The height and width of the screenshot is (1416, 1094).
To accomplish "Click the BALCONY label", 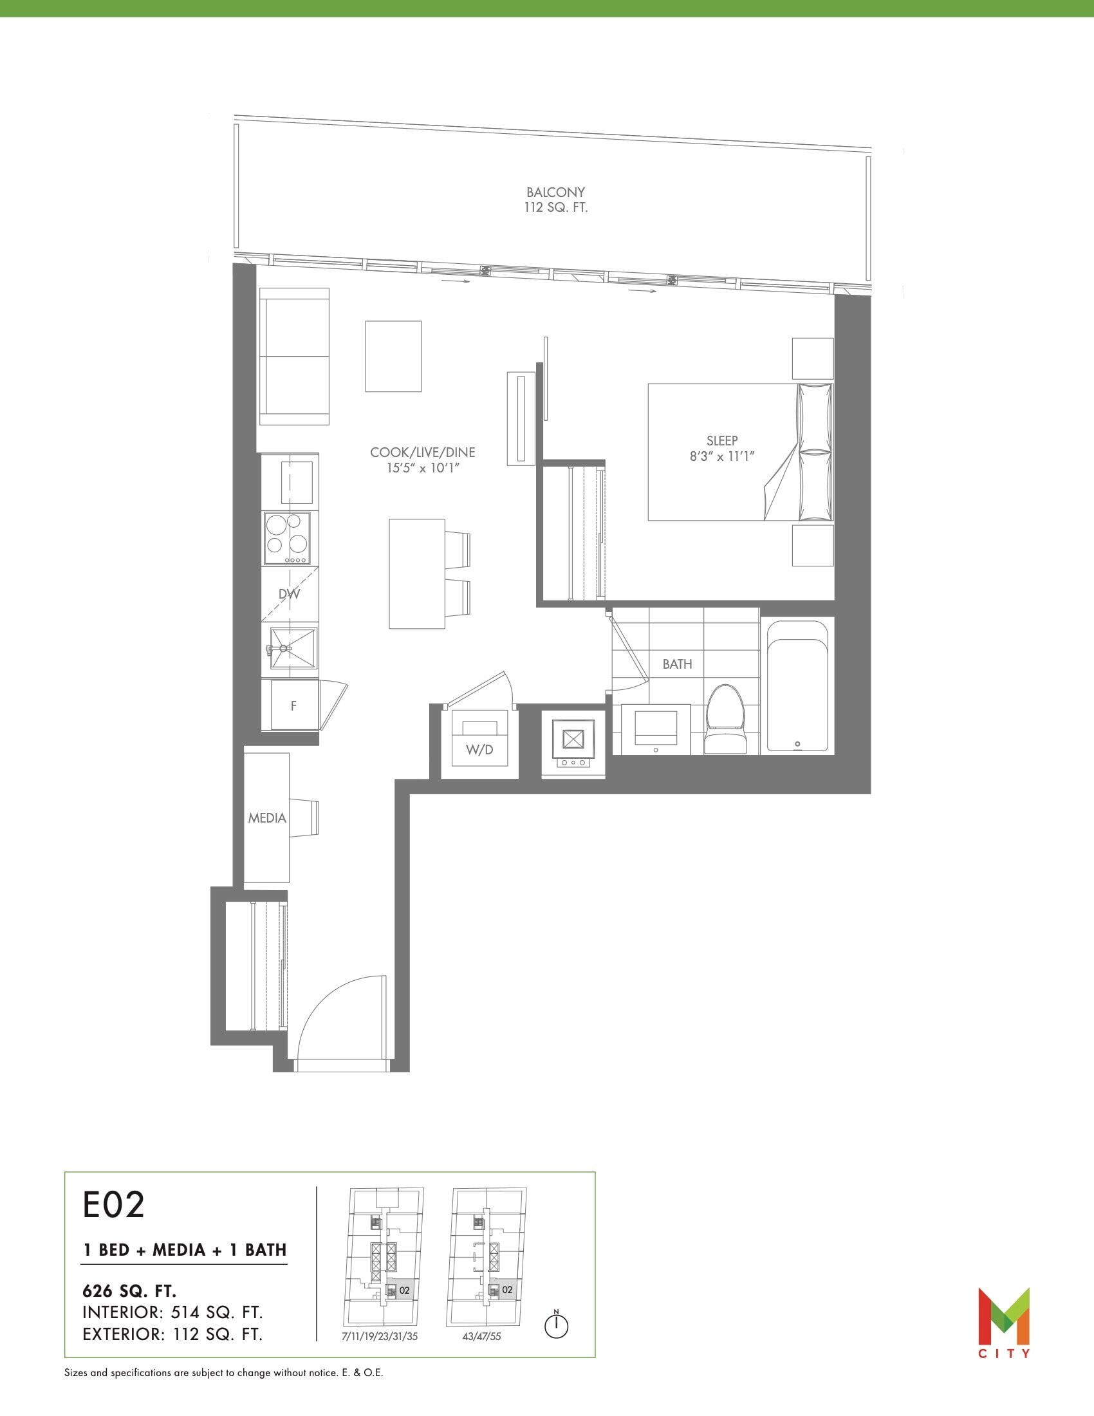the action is coord(555,192).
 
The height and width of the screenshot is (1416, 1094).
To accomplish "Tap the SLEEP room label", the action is coord(722,440).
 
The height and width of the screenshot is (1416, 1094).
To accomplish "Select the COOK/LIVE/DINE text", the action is coord(423,452).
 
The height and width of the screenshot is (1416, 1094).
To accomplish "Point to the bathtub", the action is coord(797,686).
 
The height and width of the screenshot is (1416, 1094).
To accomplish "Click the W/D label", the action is coord(479,749).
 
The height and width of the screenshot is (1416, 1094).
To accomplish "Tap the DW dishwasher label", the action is coord(289,594).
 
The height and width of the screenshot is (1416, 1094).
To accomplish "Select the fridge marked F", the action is coord(293,705).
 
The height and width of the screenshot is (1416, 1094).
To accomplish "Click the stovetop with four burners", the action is coord(287,538).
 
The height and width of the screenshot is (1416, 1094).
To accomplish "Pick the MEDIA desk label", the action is coord(267,818).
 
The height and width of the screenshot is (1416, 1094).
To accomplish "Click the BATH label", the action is coord(677,664).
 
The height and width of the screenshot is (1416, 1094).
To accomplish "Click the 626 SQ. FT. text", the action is coord(129,1291).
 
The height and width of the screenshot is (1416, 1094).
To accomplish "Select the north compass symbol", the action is coord(556,1325).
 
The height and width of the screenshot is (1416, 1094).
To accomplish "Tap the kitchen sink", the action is coord(292,647).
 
